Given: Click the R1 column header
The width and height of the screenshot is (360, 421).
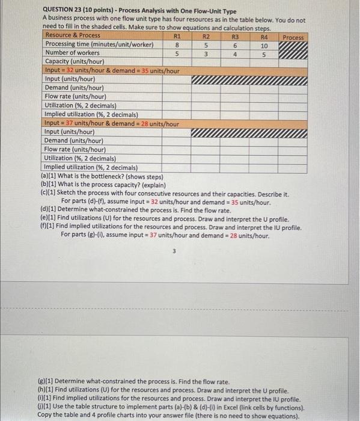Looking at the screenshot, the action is point(177,35).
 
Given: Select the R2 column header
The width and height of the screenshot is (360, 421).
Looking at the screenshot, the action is point(206,35).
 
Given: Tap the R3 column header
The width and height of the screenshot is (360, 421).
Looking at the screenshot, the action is point(235,35).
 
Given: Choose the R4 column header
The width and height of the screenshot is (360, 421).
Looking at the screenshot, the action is point(264,35).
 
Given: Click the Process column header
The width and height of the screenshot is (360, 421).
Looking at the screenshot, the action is point(293,37).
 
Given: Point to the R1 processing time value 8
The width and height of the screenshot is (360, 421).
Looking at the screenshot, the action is point(177,45).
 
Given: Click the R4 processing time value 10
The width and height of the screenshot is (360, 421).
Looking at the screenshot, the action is point(264,45).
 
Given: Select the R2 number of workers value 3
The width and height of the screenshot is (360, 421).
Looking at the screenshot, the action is point(206,53).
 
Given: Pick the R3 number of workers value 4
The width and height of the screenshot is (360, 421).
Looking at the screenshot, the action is point(235,54).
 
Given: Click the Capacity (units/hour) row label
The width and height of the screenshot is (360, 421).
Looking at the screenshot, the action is point(75,61).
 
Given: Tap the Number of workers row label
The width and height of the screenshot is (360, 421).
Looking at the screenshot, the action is point(72,53).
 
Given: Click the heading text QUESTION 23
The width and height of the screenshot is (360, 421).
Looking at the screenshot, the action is point(69,11).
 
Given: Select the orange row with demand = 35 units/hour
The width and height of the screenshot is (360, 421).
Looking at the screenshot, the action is point(112,70).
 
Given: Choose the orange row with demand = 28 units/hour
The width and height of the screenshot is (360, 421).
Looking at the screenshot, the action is point(112,123).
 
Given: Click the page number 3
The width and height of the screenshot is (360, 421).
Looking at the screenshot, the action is point(174,252).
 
